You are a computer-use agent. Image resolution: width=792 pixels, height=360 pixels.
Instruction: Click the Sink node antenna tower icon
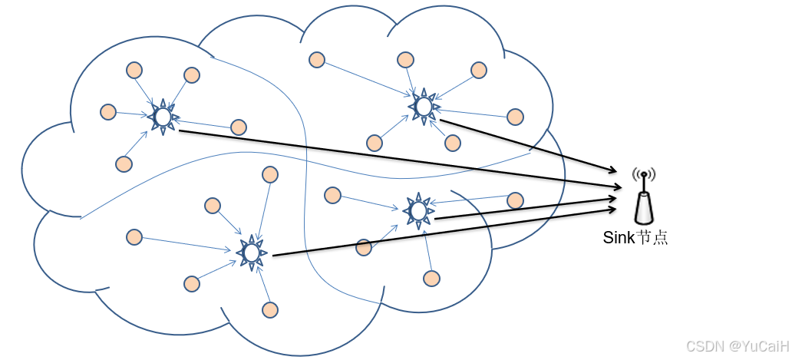tap(644, 203)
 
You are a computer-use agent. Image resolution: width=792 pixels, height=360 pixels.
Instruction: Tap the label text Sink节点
tap(635, 237)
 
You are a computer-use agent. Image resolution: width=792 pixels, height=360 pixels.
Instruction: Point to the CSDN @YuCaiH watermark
tap(734, 347)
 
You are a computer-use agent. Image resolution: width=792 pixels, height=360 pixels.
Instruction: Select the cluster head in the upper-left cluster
tap(163, 117)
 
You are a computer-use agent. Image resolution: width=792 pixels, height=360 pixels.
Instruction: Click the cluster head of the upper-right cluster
tap(423, 106)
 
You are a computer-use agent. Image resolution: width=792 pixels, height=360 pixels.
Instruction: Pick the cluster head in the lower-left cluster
tap(250, 252)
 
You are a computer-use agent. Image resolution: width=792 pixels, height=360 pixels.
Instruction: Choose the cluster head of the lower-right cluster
tap(418, 210)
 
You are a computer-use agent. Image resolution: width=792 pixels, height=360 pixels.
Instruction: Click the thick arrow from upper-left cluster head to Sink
tap(399, 160)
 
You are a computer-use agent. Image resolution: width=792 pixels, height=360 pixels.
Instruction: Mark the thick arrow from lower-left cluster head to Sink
tap(445, 230)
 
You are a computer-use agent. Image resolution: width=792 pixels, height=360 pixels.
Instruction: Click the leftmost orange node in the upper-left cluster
tap(108, 112)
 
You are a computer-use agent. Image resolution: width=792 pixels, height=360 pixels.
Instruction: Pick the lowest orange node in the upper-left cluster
tap(123, 163)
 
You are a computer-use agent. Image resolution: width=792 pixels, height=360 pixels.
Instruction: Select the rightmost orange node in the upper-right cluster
tap(516, 117)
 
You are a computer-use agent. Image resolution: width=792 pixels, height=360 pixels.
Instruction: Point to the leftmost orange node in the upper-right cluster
tap(315, 59)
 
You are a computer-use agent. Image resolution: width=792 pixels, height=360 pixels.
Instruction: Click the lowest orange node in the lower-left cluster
tap(269, 309)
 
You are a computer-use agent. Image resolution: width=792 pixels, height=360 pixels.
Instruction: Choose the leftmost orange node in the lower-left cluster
tap(134, 236)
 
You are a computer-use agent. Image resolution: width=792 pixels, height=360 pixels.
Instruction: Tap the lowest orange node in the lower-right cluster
tap(432, 278)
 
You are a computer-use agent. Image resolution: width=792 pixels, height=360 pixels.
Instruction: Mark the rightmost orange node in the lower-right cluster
tap(516, 200)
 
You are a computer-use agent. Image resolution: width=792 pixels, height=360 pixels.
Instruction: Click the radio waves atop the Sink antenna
tap(644, 175)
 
